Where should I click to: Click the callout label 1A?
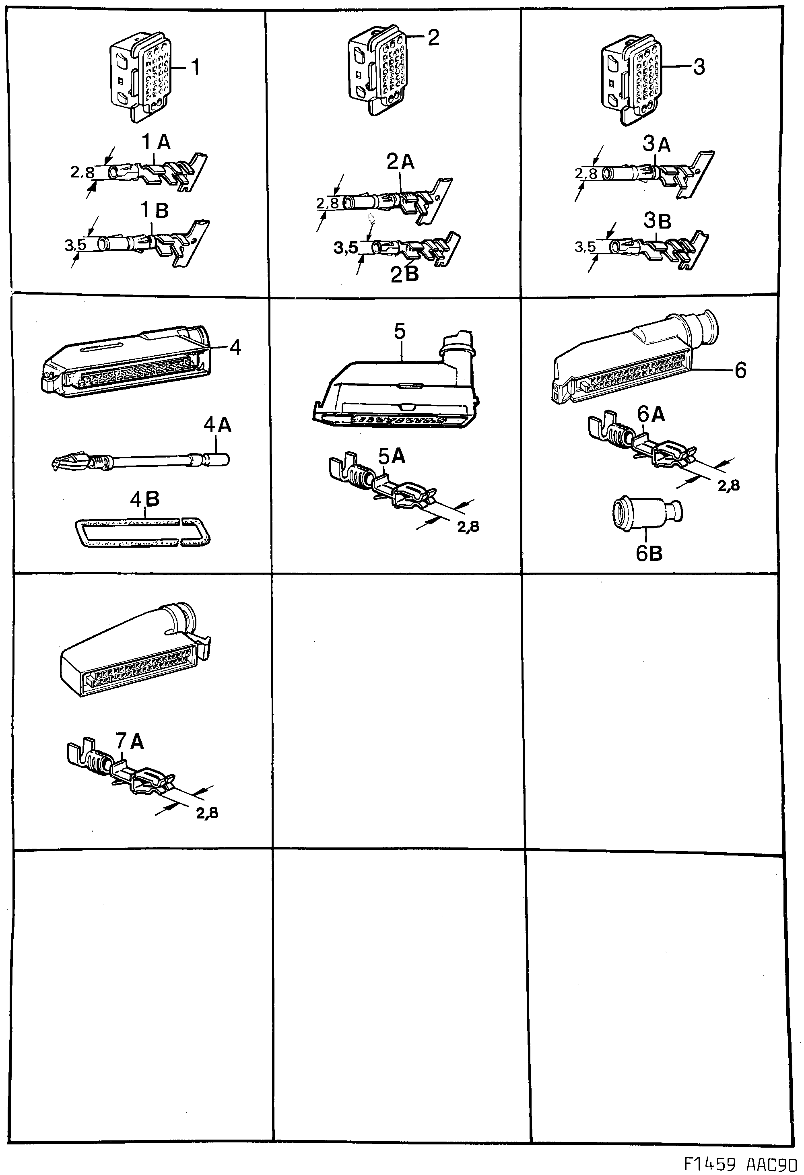156,143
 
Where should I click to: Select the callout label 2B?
404,274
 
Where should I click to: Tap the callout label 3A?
657,144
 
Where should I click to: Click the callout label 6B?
649,554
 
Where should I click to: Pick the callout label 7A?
130,741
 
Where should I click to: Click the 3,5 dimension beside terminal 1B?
75,246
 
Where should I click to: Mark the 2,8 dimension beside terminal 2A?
328,203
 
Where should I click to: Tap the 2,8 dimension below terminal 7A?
207,813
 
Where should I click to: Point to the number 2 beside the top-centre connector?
433,37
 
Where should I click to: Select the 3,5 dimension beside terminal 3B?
585,247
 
